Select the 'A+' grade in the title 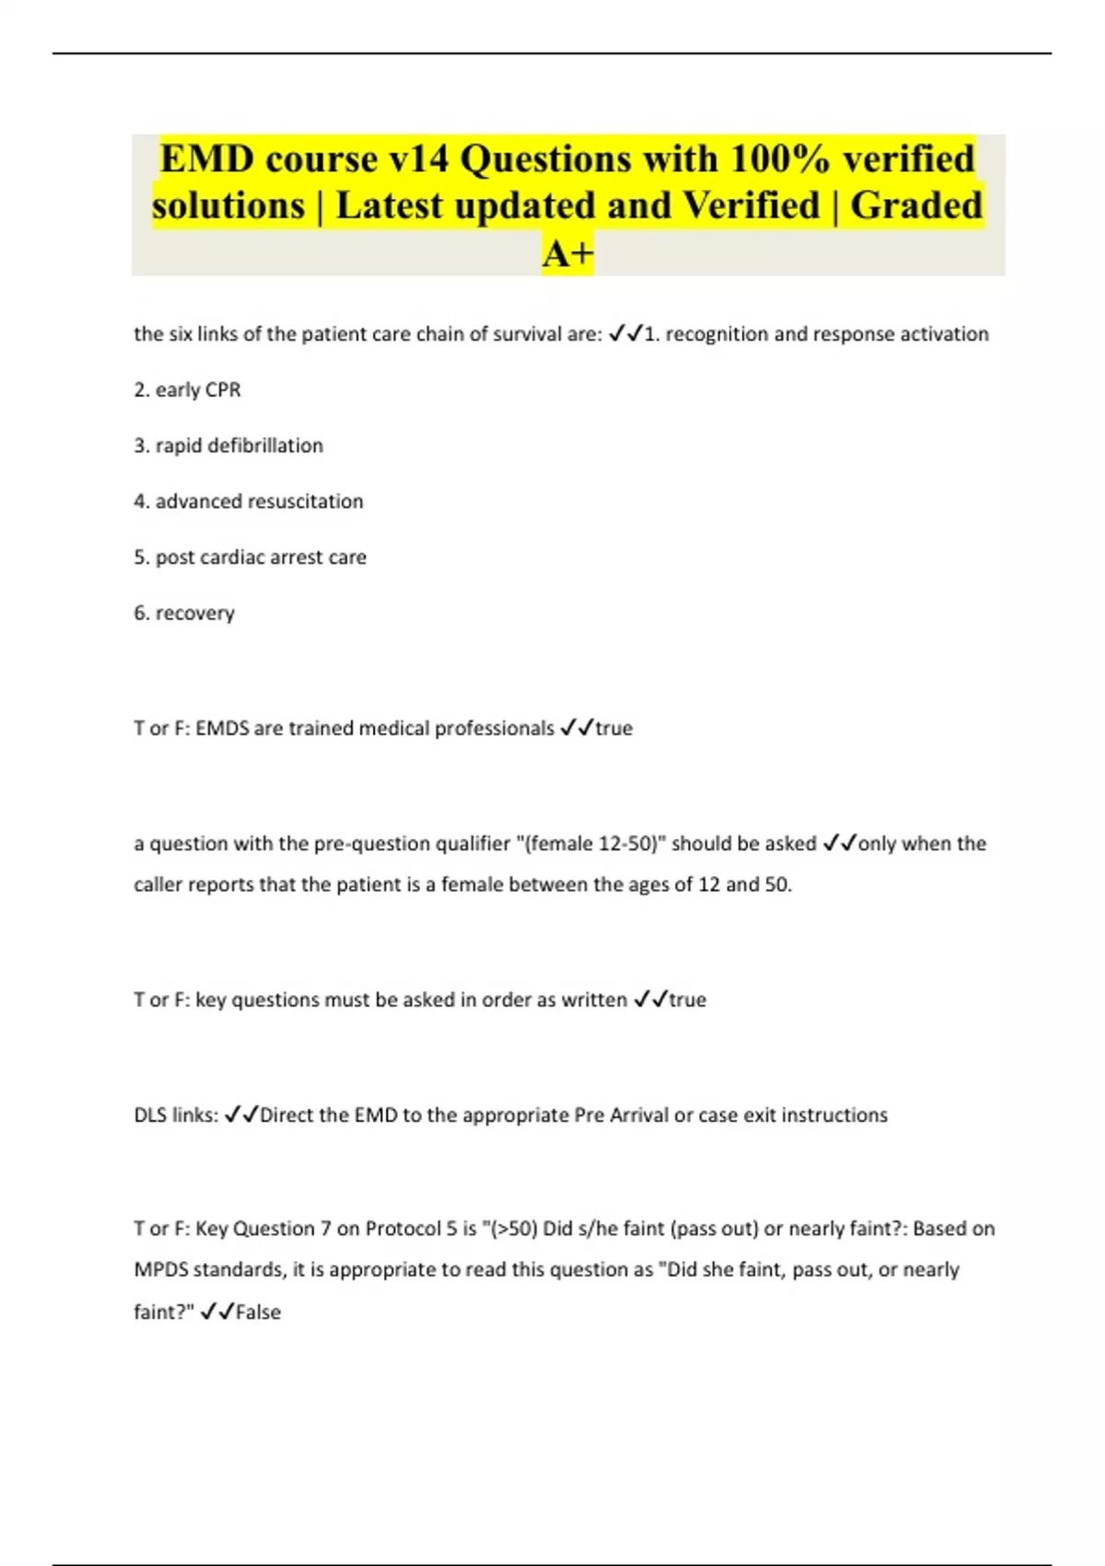coord(568,253)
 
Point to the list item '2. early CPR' coord(187,390)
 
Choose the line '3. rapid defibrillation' coord(228,446)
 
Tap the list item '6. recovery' coord(184,613)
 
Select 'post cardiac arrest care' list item coord(261,557)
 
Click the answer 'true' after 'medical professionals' coord(614,729)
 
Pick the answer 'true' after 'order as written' coord(688,1000)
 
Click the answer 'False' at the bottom coord(259,1313)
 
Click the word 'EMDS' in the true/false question coord(222,729)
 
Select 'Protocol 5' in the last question coord(411,1229)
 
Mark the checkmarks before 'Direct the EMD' coord(241,1116)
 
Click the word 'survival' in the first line coord(528,334)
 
